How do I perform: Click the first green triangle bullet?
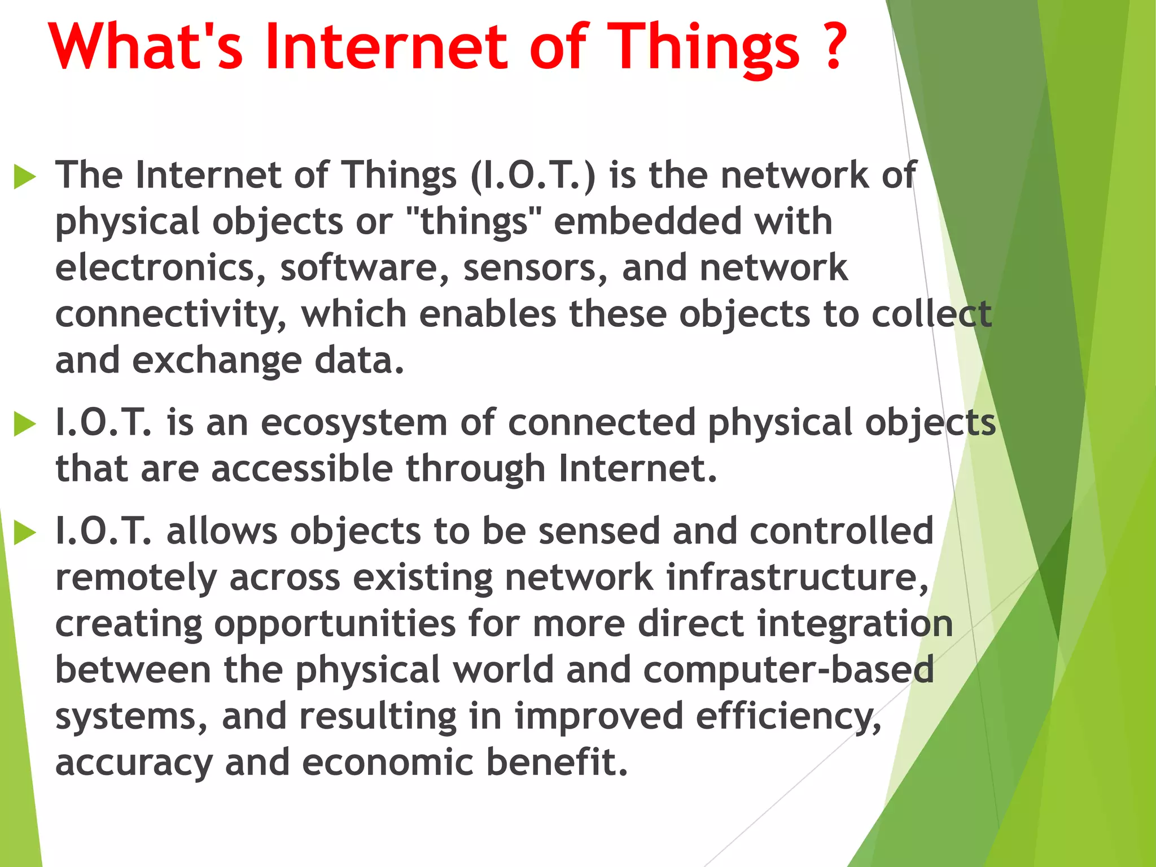tap(25, 177)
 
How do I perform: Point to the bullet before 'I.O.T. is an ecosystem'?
tap(25, 424)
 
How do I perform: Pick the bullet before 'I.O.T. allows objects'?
tap(25, 532)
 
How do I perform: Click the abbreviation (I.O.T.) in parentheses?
tap(533, 176)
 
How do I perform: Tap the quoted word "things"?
tap(474, 222)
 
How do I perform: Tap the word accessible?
tap(301, 468)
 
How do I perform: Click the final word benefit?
tap(557, 763)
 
